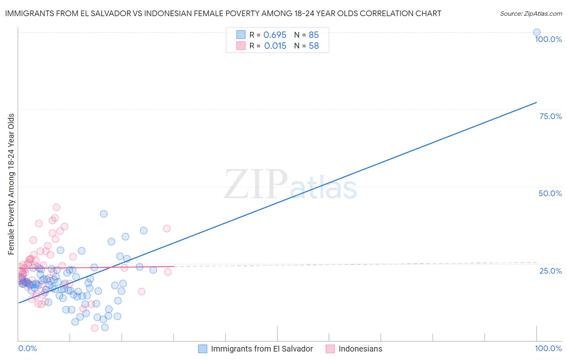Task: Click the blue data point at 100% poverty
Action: [536, 32]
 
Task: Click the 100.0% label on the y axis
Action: [548, 39]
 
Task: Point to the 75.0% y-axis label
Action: [550, 116]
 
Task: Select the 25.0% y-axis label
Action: [550, 271]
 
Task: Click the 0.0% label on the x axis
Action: [27, 348]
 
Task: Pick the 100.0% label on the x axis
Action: [548, 348]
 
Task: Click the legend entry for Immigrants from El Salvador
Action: [261, 349]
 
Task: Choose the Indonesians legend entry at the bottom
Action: [360, 349]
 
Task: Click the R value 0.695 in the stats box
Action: [275, 35]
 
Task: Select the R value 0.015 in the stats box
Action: [275, 46]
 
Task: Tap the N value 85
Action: [313, 35]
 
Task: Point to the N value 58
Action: [313, 46]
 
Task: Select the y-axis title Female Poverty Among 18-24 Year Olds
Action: [11, 184]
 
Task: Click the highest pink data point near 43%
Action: [56, 207]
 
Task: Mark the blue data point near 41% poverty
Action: [104, 214]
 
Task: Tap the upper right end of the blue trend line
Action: [536, 103]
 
